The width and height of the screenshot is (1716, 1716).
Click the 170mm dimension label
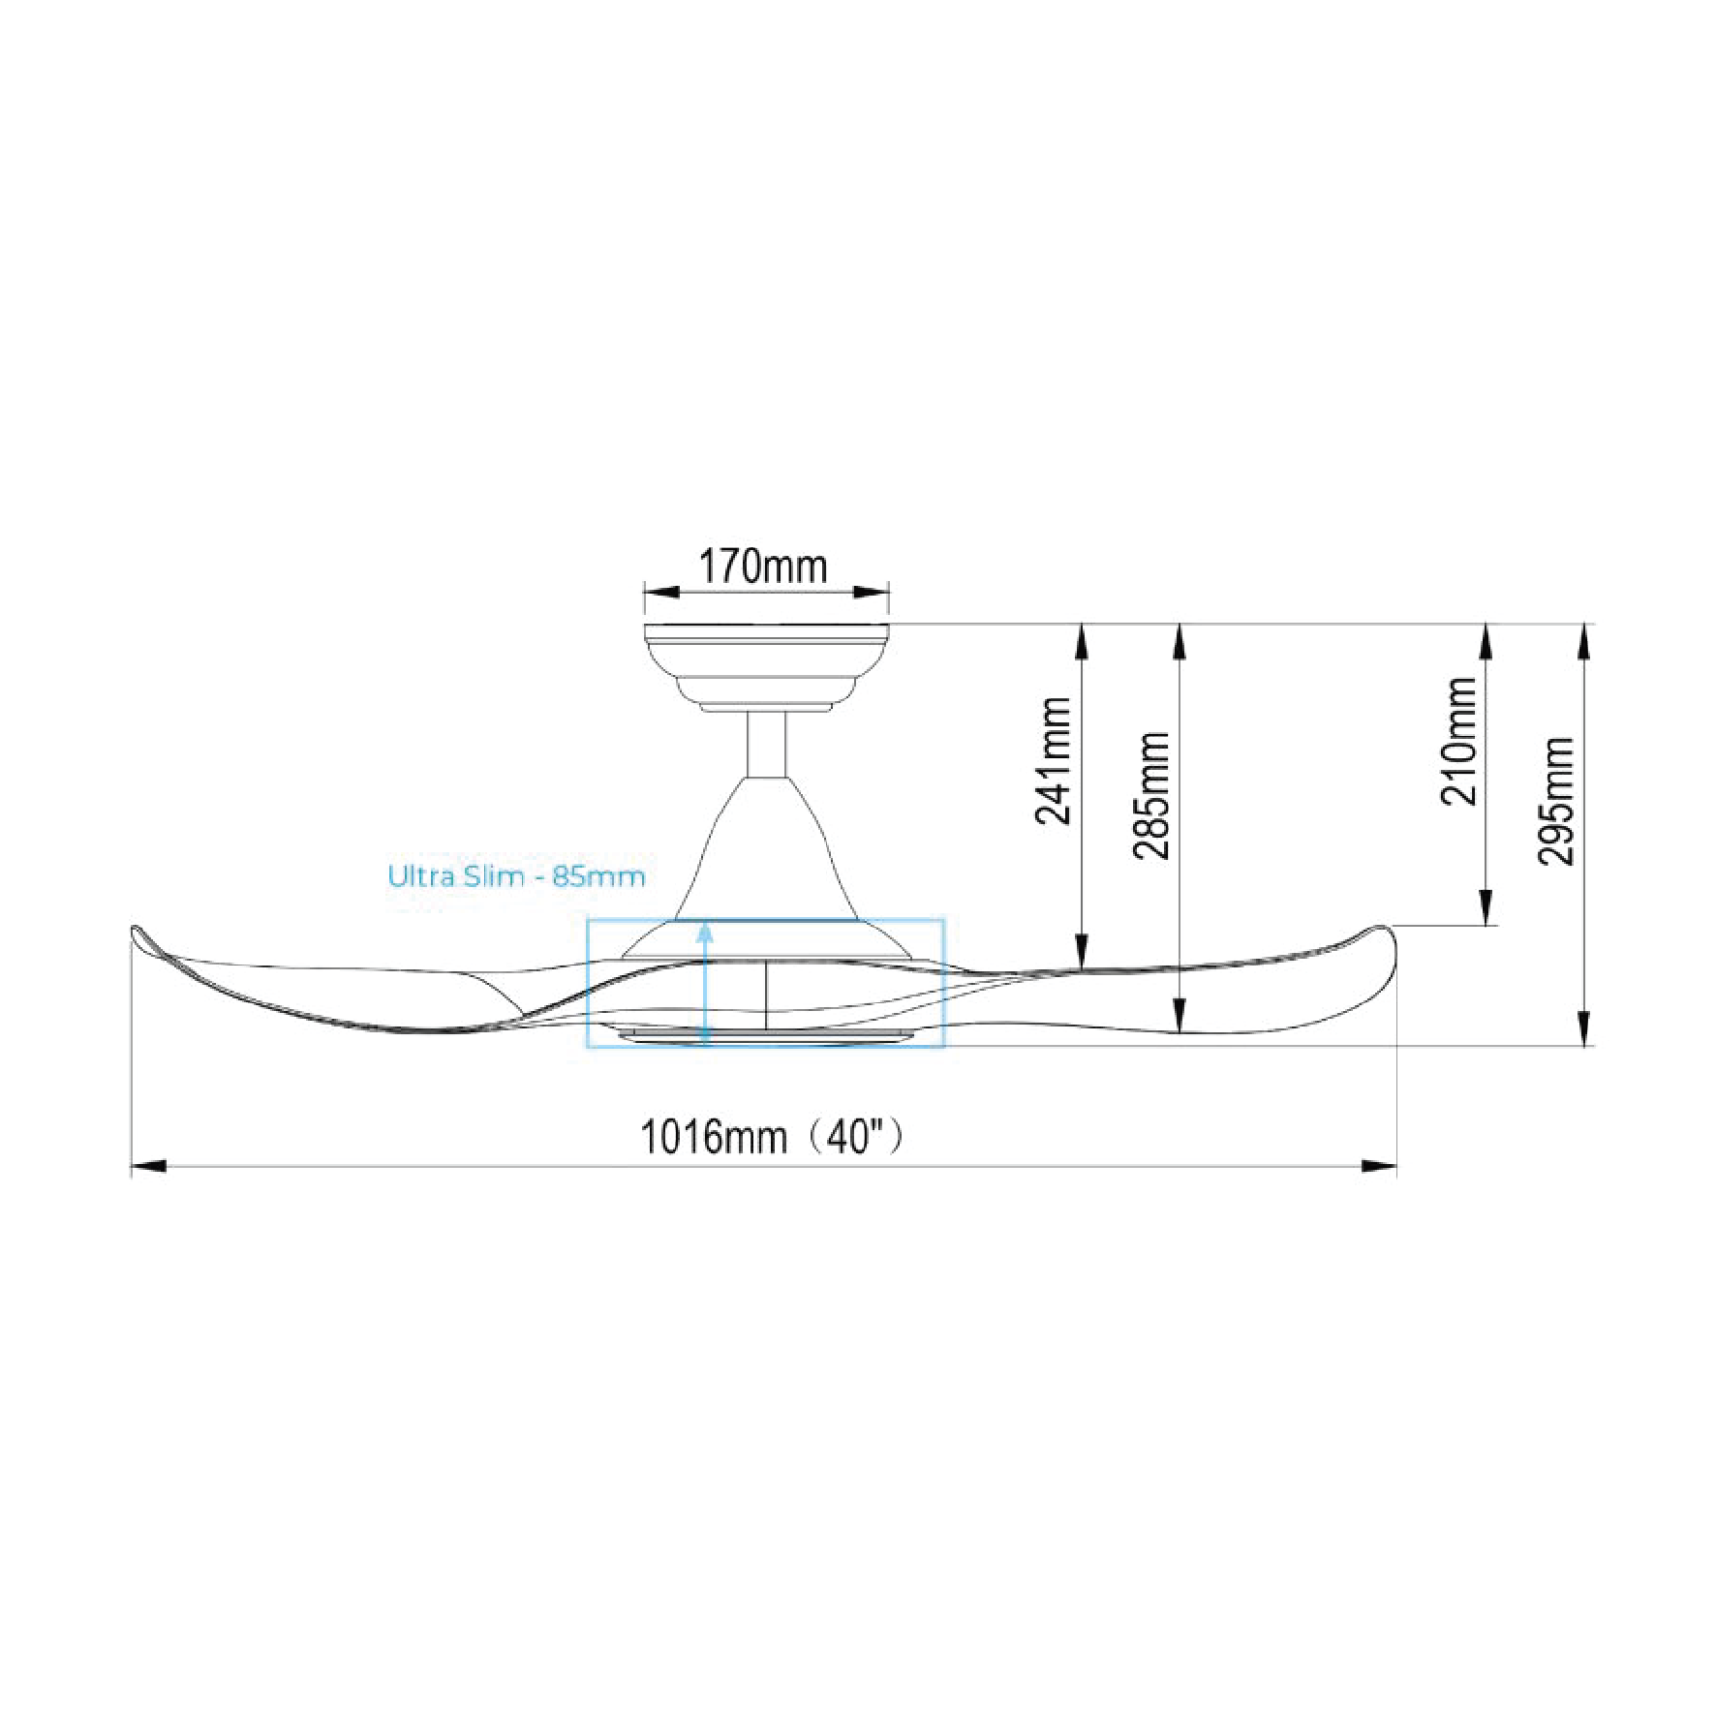pos(763,567)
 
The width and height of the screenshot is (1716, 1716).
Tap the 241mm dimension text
pos(1054,761)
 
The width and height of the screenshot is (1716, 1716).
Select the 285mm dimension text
pos(1151,795)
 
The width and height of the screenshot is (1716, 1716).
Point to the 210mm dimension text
pos(1459,741)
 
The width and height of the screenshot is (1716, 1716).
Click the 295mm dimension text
pos(1556,801)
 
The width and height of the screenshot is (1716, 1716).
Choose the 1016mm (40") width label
pos(773,1136)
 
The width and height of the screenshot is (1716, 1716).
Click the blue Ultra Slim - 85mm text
pos(516,876)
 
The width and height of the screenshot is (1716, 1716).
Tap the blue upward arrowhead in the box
pos(705,932)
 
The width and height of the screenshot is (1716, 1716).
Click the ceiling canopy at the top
pos(766,668)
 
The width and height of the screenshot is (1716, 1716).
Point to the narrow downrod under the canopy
pos(766,745)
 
